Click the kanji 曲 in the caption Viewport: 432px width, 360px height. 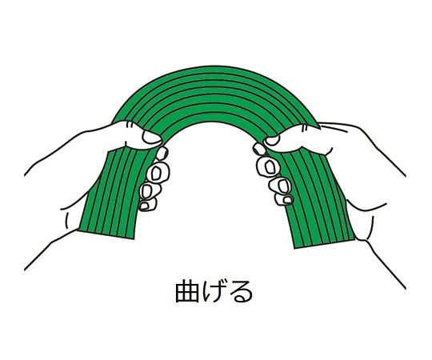click(x=186, y=291)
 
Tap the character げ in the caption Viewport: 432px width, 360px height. click(x=213, y=291)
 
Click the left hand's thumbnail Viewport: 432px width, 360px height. click(x=151, y=137)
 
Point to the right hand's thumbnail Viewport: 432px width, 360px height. click(x=271, y=141)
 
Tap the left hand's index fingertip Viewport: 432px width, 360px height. click(x=162, y=153)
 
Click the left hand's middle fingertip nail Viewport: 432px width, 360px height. click(x=156, y=173)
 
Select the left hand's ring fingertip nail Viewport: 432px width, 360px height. click(x=146, y=190)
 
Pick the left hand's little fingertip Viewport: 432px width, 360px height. click(x=144, y=206)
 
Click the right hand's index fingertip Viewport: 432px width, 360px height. click(x=259, y=149)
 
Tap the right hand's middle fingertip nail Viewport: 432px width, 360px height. click(x=268, y=166)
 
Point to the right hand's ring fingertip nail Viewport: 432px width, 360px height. click(x=282, y=186)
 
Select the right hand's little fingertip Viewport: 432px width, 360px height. click(x=287, y=200)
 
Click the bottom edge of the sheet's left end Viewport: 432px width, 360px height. click(x=106, y=235)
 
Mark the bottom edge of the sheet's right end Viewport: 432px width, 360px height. click(x=325, y=244)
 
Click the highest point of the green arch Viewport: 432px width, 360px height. click(x=218, y=66)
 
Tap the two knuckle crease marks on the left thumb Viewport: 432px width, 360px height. click(x=130, y=126)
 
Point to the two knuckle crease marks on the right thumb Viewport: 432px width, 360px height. click(x=304, y=128)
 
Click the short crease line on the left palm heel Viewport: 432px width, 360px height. click(x=67, y=221)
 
